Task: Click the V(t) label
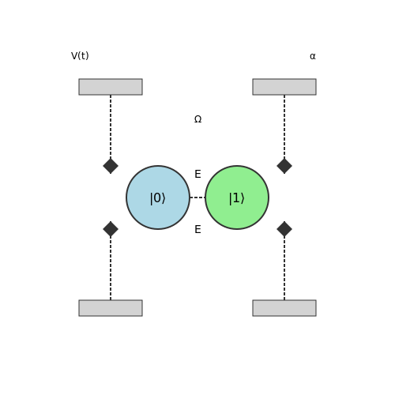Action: [80, 56]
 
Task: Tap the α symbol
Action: [313, 56]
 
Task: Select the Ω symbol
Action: [197, 119]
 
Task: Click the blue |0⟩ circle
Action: [158, 197]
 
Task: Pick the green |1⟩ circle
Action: [237, 197]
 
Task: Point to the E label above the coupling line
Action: [197, 174]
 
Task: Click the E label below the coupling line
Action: [197, 229]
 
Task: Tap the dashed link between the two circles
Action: [197, 197]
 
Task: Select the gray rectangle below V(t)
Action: [111, 87]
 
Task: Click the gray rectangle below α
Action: [284, 87]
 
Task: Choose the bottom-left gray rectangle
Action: [111, 308]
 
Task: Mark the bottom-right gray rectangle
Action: [284, 308]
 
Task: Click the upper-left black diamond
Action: [111, 166]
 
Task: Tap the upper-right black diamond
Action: [284, 166]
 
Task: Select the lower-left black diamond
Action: [111, 229]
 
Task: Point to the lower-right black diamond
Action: [284, 229]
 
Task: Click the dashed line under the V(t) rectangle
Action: [111, 126]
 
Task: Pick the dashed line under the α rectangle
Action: [284, 126]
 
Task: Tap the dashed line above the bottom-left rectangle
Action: [111, 269]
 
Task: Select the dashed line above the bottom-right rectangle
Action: [284, 269]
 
